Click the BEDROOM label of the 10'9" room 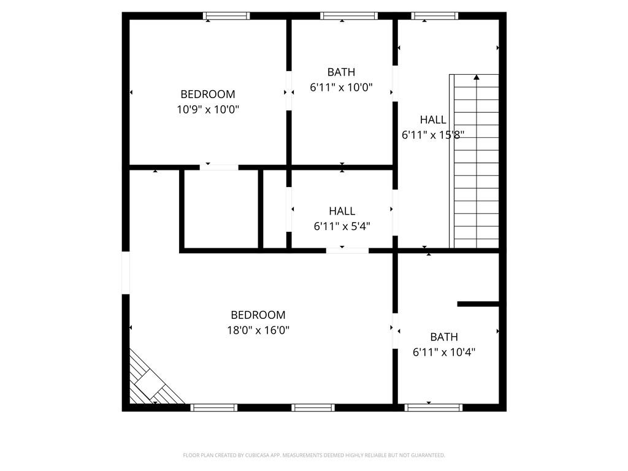click(x=207, y=94)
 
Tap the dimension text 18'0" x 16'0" click(x=258, y=330)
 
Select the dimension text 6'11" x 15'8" click(x=432, y=134)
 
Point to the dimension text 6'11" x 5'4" click(x=342, y=226)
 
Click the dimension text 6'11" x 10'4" click(x=444, y=352)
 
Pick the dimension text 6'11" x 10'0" click(x=341, y=87)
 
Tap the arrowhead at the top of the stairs click(x=476, y=77)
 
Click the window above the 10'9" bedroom click(x=226, y=15)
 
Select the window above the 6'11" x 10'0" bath click(x=349, y=15)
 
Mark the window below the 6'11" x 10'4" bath click(x=434, y=408)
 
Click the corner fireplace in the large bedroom click(x=153, y=380)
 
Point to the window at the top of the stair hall click(x=435, y=15)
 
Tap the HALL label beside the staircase click(x=433, y=120)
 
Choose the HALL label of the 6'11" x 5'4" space click(x=342, y=211)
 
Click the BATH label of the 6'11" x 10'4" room click(x=444, y=337)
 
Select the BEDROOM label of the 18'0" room click(x=258, y=315)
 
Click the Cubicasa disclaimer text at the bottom click(x=314, y=455)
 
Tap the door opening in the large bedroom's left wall click(x=126, y=273)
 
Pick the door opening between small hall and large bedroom click(x=347, y=251)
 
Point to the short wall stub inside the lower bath click(x=478, y=304)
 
